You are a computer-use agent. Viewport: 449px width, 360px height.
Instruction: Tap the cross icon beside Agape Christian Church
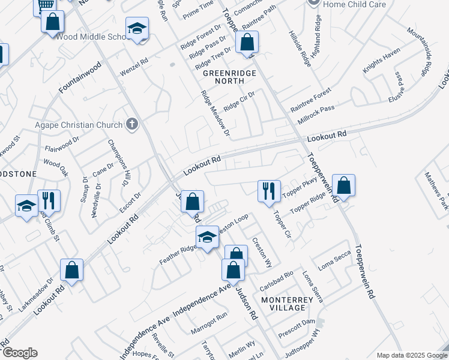(133, 125)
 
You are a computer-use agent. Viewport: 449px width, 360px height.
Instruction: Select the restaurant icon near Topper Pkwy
(268, 191)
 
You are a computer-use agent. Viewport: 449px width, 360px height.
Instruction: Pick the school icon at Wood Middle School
(137, 28)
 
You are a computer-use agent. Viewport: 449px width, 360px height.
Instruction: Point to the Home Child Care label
(354, 4)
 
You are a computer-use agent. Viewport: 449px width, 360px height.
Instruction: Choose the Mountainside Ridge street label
(420, 50)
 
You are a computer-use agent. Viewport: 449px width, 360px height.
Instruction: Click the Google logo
(20, 353)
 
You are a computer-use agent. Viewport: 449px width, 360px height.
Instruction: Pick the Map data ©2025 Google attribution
(411, 355)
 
